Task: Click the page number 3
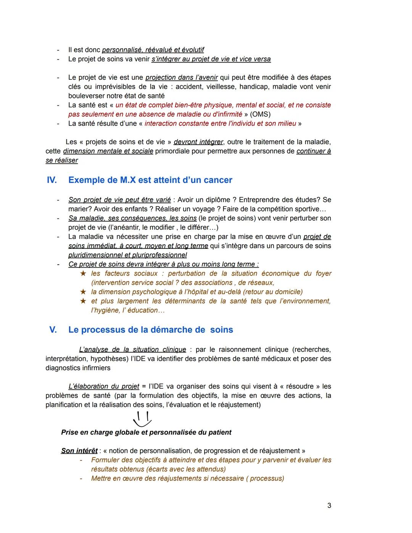329,506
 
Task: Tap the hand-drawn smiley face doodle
142,419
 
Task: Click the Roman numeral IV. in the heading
51,180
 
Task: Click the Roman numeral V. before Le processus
53,330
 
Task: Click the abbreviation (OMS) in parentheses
261,114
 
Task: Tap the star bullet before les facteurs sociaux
83,274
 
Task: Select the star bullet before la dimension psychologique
83,292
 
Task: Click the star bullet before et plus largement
83,301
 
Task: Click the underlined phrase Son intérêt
79,451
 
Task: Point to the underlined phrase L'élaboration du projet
104,386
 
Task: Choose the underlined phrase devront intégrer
198,142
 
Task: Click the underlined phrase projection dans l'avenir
182,77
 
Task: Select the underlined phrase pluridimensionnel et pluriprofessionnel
127,255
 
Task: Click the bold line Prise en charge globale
146,432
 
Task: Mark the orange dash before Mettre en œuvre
81,478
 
